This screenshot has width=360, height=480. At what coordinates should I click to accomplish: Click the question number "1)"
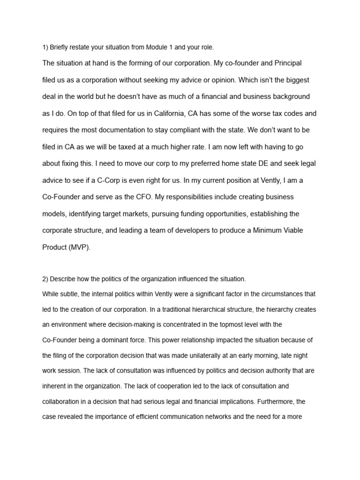coord(45,47)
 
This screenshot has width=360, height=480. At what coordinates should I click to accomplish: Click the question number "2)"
coord(45,279)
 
